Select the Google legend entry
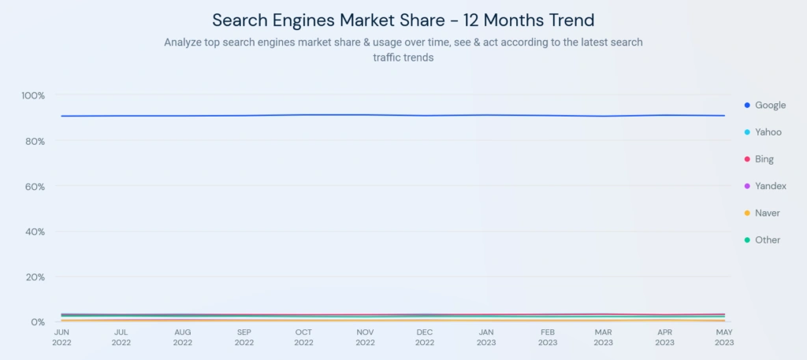pyautogui.click(x=770, y=105)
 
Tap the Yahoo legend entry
pyautogui.click(x=768, y=132)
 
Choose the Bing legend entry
pyautogui.click(x=764, y=159)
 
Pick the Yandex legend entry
pyautogui.click(x=770, y=186)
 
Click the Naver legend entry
pyautogui.click(x=768, y=213)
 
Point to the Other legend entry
pyautogui.click(x=768, y=239)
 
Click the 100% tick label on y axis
pyautogui.click(x=33, y=95)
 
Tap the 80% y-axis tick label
pyautogui.click(x=35, y=141)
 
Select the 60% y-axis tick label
pyautogui.click(x=35, y=187)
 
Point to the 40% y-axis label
pyautogui.click(x=35, y=232)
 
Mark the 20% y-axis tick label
pyautogui.click(x=35, y=277)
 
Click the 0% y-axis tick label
pyautogui.click(x=38, y=322)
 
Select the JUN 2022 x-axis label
pyautogui.click(x=61, y=337)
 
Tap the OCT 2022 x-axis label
pyautogui.click(x=304, y=337)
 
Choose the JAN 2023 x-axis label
pyautogui.click(x=486, y=337)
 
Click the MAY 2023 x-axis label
pyautogui.click(x=724, y=337)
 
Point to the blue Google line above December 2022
pyautogui.click(x=426, y=116)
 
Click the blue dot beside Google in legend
pyautogui.click(x=746, y=105)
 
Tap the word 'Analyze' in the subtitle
pyautogui.click(x=184, y=42)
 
